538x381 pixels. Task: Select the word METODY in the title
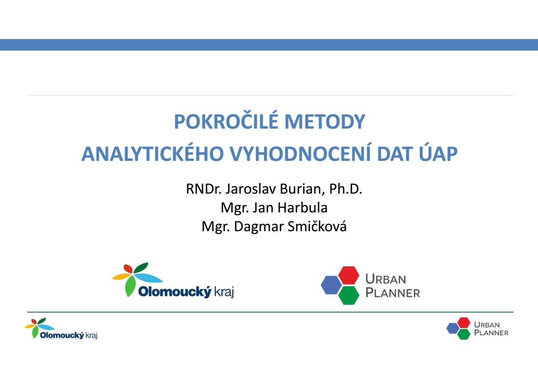pyautogui.click(x=325, y=121)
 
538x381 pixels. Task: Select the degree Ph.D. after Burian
pyautogui.click(x=346, y=189)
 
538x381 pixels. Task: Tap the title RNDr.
pyautogui.click(x=204, y=189)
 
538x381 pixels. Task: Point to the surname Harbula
pyautogui.click(x=302, y=208)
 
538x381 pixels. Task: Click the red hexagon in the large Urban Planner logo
pyautogui.click(x=349, y=276)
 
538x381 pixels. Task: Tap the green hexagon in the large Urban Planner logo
pyautogui.click(x=349, y=296)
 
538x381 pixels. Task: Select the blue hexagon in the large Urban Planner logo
pyautogui.click(x=331, y=285)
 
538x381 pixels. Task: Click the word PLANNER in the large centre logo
pyautogui.click(x=393, y=293)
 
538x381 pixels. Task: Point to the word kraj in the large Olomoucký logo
pyautogui.click(x=224, y=292)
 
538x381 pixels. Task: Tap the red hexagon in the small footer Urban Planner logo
pyautogui.click(x=463, y=323)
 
